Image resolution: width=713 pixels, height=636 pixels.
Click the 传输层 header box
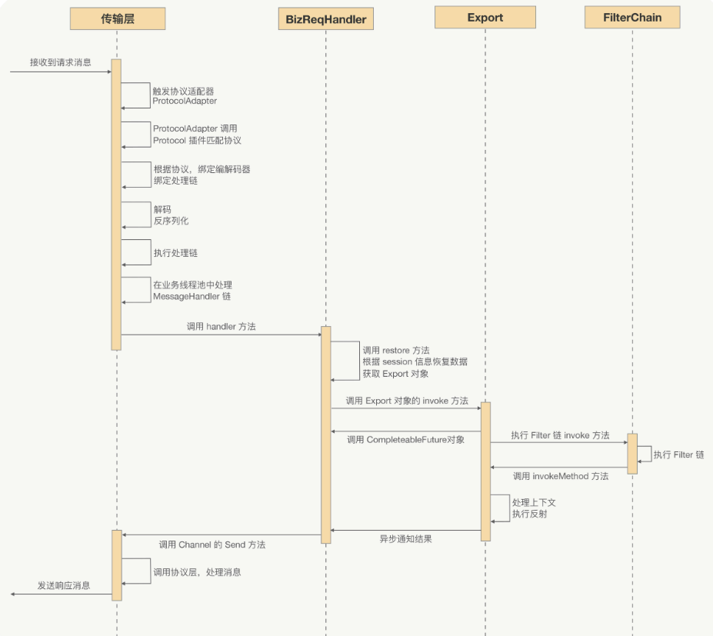coord(117,18)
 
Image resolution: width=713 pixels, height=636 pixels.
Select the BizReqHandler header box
coord(325,18)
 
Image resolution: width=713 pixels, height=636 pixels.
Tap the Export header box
coord(485,17)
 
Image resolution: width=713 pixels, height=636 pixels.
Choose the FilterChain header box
coord(632,17)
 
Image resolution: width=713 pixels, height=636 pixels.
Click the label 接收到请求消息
coord(60,62)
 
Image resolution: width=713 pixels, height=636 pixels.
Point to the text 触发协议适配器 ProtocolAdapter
coord(185,96)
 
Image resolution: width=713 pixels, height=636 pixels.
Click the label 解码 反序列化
coord(171,215)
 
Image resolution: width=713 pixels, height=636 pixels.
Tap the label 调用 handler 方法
coord(221,327)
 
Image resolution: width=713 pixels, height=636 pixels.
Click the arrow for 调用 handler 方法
coord(221,335)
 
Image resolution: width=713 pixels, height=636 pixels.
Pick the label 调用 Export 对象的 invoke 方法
coord(406,401)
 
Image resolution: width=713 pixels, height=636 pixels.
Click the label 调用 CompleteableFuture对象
coord(405,440)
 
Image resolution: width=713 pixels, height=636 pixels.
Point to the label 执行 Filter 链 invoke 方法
coord(559,435)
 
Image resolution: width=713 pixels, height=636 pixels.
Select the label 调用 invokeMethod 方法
coord(560,476)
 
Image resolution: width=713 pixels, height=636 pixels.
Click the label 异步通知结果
coord(405,539)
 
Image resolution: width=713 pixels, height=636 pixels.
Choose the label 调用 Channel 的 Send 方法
coord(212,544)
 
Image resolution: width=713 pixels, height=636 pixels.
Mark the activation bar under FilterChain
coord(632,453)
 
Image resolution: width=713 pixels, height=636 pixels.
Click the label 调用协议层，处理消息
coord(198,572)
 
